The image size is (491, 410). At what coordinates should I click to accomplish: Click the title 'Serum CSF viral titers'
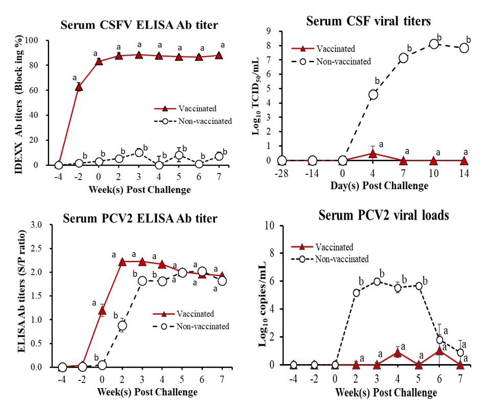[x=368, y=21]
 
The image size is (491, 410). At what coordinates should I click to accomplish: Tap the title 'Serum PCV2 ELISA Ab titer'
[x=139, y=219]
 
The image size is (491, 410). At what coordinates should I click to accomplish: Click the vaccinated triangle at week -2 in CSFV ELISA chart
[x=79, y=87]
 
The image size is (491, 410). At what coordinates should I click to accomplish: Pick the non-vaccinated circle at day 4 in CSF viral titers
[x=373, y=94]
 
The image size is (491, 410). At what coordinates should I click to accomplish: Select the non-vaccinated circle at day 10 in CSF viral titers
[x=434, y=44]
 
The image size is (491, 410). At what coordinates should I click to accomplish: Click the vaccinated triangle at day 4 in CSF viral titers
[x=373, y=153]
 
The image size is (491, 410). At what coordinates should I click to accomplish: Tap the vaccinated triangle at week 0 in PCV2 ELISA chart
[x=102, y=310]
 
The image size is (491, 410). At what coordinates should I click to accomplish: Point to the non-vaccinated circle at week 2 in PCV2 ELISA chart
[x=122, y=325]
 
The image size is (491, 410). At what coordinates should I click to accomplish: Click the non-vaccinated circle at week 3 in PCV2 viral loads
[x=377, y=281]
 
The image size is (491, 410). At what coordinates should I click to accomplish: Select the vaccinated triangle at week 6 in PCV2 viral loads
[x=439, y=351]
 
